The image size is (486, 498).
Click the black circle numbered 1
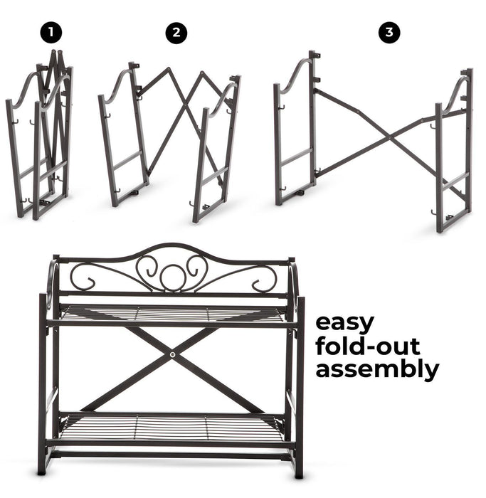51,33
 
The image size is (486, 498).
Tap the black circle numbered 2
176,33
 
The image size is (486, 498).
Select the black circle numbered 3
389,33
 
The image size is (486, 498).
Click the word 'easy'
344,324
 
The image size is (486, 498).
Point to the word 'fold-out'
368,346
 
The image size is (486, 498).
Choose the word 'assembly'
377,370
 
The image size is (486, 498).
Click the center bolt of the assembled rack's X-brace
172,355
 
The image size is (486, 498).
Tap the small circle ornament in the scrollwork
172,277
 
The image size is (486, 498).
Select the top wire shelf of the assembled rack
172,315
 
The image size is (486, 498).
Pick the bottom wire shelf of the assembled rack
171,426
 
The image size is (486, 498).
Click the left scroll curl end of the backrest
90,282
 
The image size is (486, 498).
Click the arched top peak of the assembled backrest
172,245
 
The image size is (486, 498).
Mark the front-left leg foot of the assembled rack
41,471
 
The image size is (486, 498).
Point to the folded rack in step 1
40,134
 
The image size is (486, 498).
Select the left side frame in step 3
295,127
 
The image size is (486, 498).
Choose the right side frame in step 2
216,149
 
